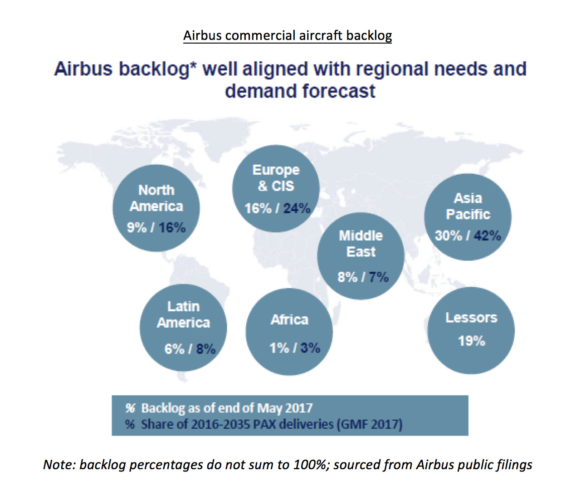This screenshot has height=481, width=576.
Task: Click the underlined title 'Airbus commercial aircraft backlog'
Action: [x=288, y=35]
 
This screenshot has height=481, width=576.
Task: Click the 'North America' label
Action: [x=156, y=198]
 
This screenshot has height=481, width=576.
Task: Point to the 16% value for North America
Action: [x=172, y=228]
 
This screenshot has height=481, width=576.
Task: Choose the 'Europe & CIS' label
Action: [x=276, y=178]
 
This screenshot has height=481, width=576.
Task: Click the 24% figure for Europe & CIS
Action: [x=297, y=208]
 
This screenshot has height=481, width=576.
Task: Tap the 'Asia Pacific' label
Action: [x=468, y=206]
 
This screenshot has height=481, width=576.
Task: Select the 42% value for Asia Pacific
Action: [x=488, y=236]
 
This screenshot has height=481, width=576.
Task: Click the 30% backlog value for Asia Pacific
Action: [x=448, y=236]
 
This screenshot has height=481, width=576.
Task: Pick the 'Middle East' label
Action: [x=361, y=244]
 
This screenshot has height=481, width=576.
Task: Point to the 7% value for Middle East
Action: [x=379, y=277]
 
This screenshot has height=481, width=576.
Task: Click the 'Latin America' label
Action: [x=183, y=314]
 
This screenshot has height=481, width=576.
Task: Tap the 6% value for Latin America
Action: [x=174, y=349]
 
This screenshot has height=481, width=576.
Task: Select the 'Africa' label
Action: [x=289, y=320]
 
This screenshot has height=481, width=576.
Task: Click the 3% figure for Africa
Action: [x=310, y=348]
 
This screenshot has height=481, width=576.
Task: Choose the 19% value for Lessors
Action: [x=471, y=341]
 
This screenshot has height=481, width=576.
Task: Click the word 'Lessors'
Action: [x=471, y=318]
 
